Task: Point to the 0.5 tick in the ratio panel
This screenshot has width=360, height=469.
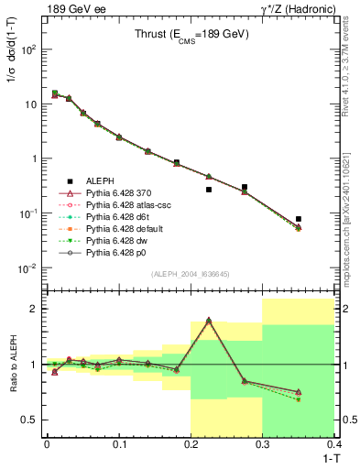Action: pyautogui.click(x=30, y=420)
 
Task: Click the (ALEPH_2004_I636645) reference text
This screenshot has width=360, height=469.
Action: pyautogui.click(x=191, y=275)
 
